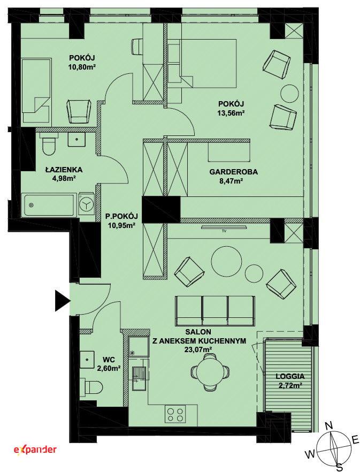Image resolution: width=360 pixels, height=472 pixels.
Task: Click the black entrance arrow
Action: click(x=62, y=301)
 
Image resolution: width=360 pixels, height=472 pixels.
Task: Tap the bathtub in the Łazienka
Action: click(x=50, y=204)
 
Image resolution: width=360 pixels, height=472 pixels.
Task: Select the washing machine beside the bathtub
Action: click(x=86, y=204)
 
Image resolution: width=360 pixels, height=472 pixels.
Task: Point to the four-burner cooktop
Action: click(x=175, y=415)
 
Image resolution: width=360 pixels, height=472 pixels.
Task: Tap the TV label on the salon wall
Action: click(x=224, y=231)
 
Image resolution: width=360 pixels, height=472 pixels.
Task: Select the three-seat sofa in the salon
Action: click(x=215, y=310)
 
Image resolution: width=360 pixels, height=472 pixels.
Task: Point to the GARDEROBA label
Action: click(x=234, y=172)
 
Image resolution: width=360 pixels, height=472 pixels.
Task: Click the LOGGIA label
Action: click(x=290, y=376)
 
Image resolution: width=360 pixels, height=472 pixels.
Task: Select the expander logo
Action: click(x=35, y=450)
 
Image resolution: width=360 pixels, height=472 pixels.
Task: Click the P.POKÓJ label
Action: click(x=121, y=216)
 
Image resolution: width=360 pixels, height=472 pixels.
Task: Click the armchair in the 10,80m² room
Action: click(x=78, y=111)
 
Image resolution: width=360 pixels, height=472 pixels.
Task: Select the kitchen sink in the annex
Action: click(x=139, y=377)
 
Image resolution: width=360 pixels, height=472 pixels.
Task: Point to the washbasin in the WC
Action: click(x=88, y=360)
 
